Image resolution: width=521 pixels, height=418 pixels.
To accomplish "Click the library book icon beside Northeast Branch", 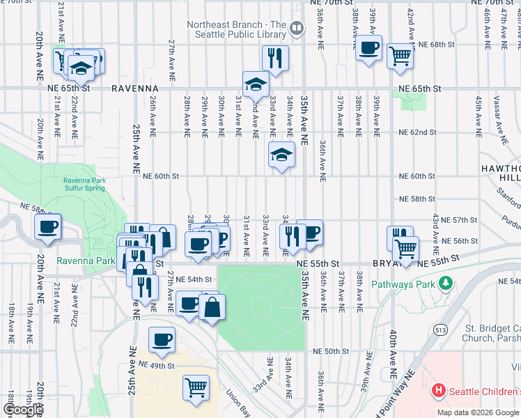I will click(x=297, y=28).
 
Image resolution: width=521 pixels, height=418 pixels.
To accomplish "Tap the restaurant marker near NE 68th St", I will click(x=275, y=59).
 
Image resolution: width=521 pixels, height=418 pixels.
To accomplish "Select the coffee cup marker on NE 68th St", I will click(x=368, y=48).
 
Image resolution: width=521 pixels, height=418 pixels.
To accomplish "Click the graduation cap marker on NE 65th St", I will click(x=256, y=85).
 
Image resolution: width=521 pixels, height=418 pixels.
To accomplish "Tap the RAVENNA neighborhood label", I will click(x=135, y=89).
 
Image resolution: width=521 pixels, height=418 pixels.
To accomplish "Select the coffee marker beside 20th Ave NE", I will click(x=48, y=226).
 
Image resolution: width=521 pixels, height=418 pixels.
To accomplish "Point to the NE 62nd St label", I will click(x=417, y=132).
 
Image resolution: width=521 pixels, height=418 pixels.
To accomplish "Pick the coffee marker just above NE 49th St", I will click(x=162, y=340).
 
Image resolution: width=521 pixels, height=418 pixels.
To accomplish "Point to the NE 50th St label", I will click(x=330, y=352).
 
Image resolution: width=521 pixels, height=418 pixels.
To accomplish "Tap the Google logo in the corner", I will click(x=22, y=410).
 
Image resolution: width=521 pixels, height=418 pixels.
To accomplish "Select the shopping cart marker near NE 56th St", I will click(x=405, y=247).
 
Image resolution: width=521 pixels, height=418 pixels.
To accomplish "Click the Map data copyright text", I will click(x=478, y=412).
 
